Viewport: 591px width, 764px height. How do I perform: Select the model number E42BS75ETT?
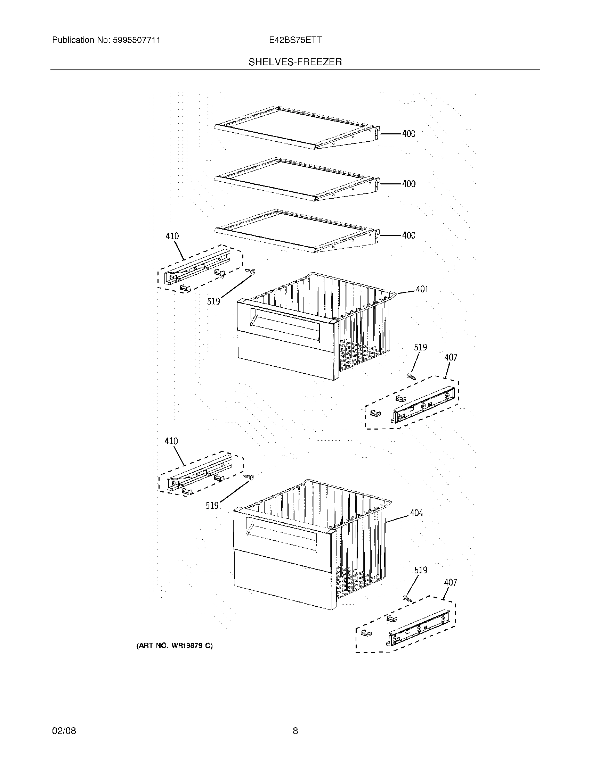[x=295, y=40]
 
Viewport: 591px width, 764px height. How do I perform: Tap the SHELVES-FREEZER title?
[x=295, y=62]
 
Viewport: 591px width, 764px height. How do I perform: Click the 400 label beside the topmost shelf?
[x=408, y=134]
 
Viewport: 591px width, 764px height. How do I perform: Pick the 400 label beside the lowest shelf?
[x=408, y=235]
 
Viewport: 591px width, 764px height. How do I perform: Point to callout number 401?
[x=422, y=289]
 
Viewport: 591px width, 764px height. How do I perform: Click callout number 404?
[x=416, y=513]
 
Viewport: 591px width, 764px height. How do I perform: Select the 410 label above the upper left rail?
[x=172, y=236]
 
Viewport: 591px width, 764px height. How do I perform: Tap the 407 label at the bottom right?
[x=450, y=582]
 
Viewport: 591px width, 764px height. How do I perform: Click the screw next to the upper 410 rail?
[x=250, y=271]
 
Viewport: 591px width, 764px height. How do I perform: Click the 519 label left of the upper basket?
[x=213, y=301]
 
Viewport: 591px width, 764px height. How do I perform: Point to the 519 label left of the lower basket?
[x=212, y=506]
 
